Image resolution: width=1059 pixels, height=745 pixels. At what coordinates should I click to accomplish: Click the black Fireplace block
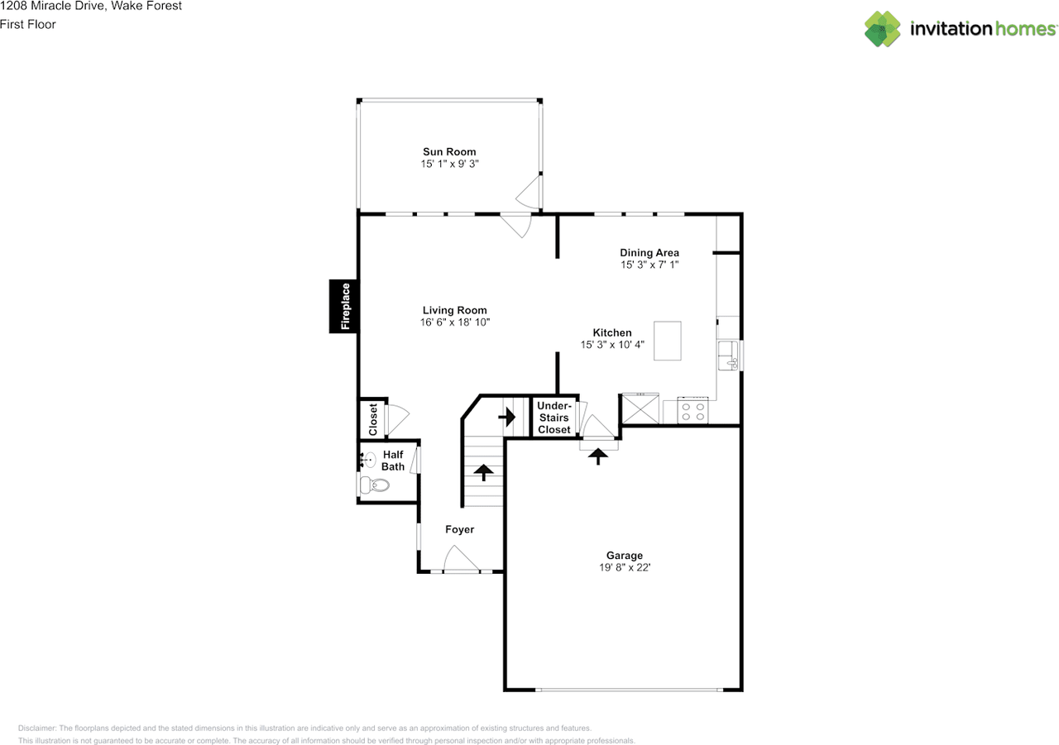pyautogui.click(x=343, y=306)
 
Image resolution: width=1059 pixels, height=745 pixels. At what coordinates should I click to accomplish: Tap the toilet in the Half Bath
pyautogui.click(x=375, y=485)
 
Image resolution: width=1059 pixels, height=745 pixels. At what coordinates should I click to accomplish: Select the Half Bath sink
pyautogui.click(x=368, y=459)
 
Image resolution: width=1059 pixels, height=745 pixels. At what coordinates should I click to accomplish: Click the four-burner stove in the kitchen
pyautogui.click(x=692, y=410)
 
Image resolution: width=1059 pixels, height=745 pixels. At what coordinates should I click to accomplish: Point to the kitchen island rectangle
pyautogui.click(x=668, y=341)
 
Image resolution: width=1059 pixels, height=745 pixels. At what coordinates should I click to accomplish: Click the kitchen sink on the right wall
pyautogui.click(x=728, y=356)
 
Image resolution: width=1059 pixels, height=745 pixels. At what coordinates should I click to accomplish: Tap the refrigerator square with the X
pyautogui.click(x=640, y=408)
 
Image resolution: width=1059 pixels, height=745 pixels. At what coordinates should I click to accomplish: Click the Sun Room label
pyautogui.click(x=449, y=151)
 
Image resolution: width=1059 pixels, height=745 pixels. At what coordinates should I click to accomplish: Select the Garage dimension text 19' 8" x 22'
pyautogui.click(x=625, y=567)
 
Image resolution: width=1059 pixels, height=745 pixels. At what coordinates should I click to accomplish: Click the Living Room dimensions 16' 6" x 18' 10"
pyautogui.click(x=455, y=322)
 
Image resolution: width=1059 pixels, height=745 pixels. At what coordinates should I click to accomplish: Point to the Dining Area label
pyautogui.click(x=649, y=253)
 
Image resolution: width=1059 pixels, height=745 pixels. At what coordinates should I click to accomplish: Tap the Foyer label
pyautogui.click(x=459, y=529)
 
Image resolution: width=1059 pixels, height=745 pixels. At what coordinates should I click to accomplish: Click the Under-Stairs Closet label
pyautogui.click(x=554, y=418)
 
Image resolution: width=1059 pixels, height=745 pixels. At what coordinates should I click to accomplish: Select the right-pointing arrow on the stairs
pyautogui.click(x=507, y=417)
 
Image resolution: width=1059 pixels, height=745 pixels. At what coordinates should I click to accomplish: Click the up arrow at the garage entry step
pyautogui.click(x=598, y=456)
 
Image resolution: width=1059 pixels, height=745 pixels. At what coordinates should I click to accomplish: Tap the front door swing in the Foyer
pyautogui.click(x=461, y=558)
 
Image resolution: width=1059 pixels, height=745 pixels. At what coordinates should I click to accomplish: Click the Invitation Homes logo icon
pyautogui.click(x=882, y=29)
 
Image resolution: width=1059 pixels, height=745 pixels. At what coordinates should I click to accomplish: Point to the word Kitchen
pyautogui.click(x=612, y=332)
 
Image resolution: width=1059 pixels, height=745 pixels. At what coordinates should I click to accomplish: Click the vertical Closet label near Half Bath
pyautogui.click(x=373, y=419)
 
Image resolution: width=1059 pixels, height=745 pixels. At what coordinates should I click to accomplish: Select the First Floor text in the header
pyautogui.click(x=28, y=24)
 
